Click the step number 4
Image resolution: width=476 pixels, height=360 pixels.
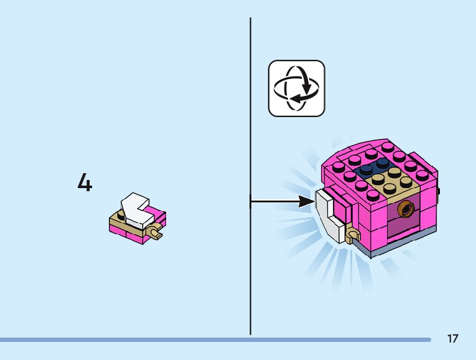pyautogui.click(x=85, y=183)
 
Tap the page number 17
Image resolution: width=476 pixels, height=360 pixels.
pyautogui.click(x=452, y=339)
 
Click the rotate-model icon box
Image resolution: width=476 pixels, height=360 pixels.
pyautogui.click(x=297, y=88)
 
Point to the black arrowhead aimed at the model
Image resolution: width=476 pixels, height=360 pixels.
pyautogui.click(x=306, y=201)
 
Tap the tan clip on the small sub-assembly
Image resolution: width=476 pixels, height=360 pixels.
pyautogui.click(x=154, y=234)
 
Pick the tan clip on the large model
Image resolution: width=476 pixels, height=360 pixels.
pyautogui.click(x=354, y=235)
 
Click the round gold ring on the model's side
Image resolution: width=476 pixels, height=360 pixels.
pyautogui.click(x=408, y=207)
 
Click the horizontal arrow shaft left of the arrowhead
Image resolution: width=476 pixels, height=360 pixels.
pyautogui.click(x=274, y=201)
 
